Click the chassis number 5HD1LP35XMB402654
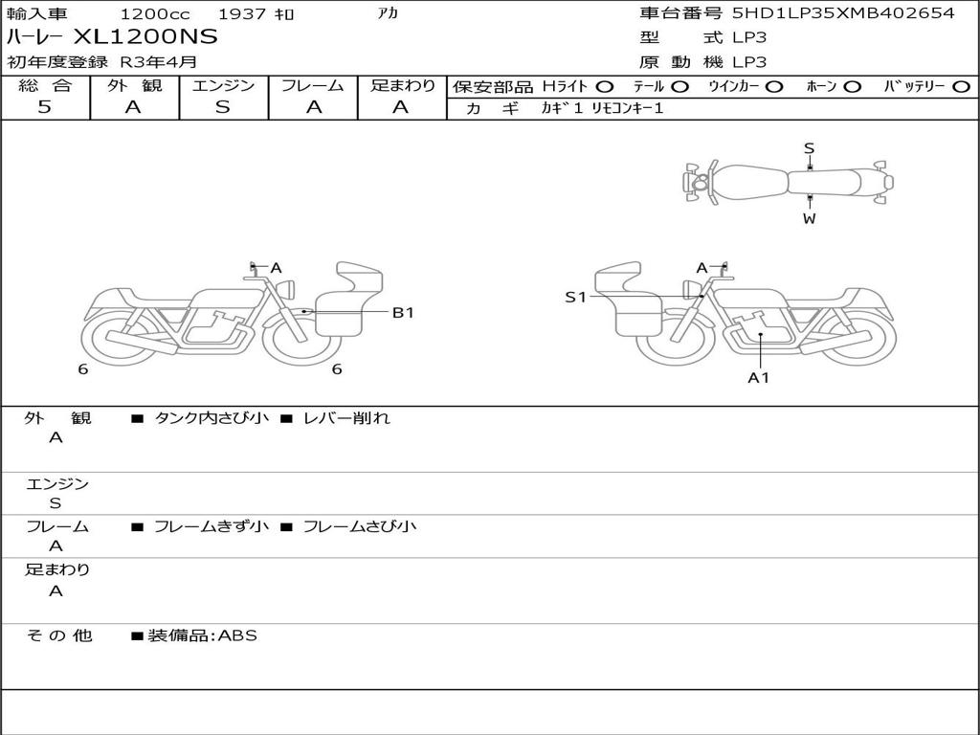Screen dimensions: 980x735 [x=844, y=12]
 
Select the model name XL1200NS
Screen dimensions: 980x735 [x=145, y=37]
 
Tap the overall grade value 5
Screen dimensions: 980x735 [x=44, y=107]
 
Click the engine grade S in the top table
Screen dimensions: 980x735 [x=223, y=107]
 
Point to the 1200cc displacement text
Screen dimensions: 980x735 [x=155, y=13]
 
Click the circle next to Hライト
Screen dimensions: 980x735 [x=605, y=87]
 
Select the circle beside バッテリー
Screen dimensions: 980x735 [x=962, y=87]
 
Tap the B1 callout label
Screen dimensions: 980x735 [x=403, y=313]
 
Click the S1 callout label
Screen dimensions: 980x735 [x=575, y=298]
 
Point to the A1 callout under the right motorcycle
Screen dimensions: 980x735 [x=759, y=377]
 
